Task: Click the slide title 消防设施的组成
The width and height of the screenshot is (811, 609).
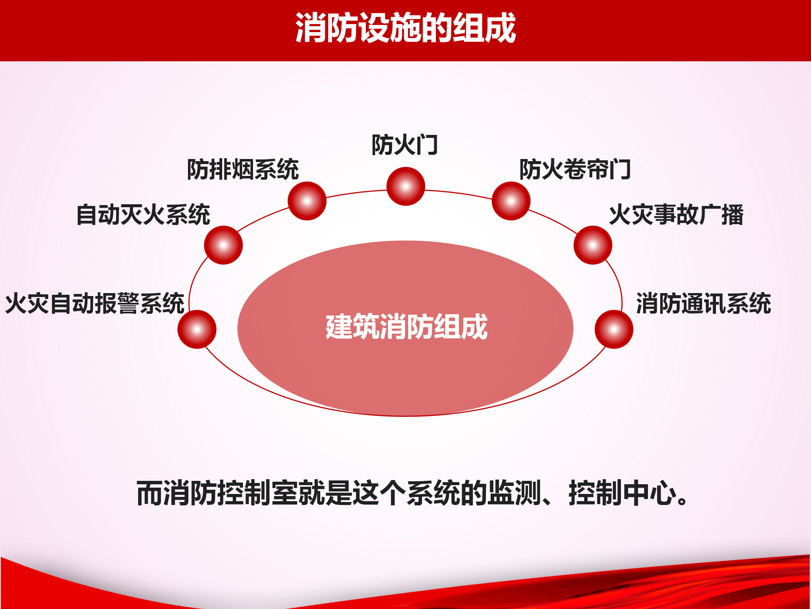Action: [405, 28]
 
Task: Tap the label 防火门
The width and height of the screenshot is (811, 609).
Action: [405, 145]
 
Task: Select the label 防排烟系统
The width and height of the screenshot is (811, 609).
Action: [243, 170]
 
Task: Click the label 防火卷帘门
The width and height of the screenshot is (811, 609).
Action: [575, 170]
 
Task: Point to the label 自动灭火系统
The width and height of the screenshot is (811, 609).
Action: [143, 214]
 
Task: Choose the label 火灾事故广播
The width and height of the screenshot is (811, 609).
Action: [676, 214]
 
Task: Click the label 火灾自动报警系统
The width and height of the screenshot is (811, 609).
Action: [95, 303]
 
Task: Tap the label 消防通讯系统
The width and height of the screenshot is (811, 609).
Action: [704, 303]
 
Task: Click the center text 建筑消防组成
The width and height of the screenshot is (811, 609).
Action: [406, 326]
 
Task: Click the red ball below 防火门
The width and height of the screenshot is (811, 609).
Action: [406, 187]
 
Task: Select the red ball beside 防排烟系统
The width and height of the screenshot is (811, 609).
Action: [307, 201]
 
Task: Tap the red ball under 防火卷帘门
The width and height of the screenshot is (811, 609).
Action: [511, 201]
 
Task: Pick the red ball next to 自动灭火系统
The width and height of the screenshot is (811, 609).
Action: [223, 245]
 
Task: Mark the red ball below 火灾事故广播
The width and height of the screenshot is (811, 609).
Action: [593, 245]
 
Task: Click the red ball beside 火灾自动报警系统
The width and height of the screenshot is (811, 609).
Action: [197, 329]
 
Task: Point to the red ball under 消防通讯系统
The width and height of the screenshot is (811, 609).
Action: [614, 329]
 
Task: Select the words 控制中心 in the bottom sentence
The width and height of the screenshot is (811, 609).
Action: [623, 493]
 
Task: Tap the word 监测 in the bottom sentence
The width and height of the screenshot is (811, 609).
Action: [514, 493]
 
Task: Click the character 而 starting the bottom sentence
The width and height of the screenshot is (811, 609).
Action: [150, 493]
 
